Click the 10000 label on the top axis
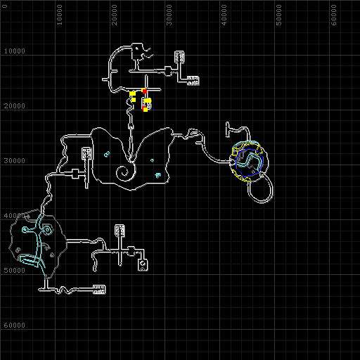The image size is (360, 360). (x=60, y=15)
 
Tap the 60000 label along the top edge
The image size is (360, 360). (x=334, y=15)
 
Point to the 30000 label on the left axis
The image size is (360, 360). (x=15, y=161)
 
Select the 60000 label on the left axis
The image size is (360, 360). (x=15, y=326)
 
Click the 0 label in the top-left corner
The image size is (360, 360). (x=5, y=6)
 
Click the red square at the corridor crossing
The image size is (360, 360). (x=144, y=91)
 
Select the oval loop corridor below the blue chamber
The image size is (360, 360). (x=260, y=189)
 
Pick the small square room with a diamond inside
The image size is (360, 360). (x=143, y=265)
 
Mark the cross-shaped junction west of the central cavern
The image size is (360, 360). (x=75, y=174)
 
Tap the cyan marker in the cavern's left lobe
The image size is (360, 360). (x=107, y=154)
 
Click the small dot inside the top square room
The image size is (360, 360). (x=136, y=49)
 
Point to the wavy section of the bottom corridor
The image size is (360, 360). (x=65, y=290)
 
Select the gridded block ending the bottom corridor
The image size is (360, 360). (x=99, y=290)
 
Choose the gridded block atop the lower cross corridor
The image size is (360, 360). (x=120, y=230)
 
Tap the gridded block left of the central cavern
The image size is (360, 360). (x=86, y=153)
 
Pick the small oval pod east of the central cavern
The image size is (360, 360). (x=194, y=134)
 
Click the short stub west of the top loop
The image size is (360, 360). (x=105, y=79)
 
